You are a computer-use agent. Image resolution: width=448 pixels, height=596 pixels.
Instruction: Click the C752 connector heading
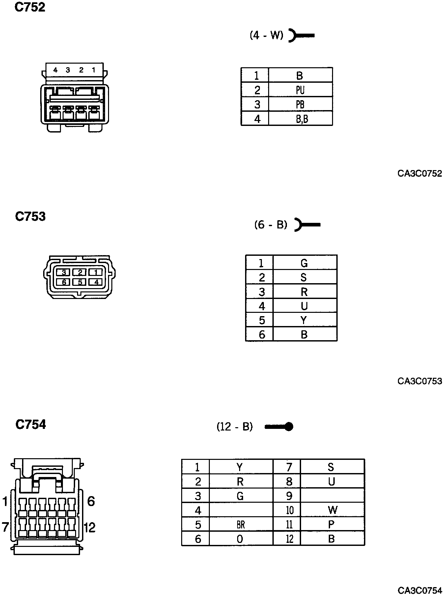pos(30,7)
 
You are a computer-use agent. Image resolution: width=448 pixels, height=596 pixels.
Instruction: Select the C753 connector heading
pos(30,217)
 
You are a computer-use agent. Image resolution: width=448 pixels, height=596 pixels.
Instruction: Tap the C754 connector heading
pos(31,424)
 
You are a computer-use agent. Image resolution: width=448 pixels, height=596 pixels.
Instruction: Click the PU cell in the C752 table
pos(300,90)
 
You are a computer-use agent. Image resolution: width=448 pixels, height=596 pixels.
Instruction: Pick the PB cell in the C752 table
pos(300,104)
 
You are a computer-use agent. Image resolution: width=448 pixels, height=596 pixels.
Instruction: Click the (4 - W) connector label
pos(266,35)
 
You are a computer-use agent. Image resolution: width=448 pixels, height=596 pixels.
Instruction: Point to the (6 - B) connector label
pos(271,225)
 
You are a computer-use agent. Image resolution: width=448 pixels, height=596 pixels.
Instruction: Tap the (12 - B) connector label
pos(235,427)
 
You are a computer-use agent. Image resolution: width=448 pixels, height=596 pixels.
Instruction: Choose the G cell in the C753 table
pos(304,263)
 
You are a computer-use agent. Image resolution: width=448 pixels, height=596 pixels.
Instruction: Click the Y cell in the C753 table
pos(304,320)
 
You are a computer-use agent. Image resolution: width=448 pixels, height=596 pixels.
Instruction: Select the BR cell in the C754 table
pos(241,524)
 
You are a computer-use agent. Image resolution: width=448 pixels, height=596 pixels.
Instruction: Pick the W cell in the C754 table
pos(332,510)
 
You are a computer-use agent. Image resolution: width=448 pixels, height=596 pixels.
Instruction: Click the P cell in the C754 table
pos(331,524)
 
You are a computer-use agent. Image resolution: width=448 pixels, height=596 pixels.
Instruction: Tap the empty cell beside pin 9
pos(332,496)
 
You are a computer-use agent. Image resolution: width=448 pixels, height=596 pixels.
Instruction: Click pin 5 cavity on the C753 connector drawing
pos(80,282)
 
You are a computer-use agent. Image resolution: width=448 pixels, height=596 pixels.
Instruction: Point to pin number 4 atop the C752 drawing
pos(55,70)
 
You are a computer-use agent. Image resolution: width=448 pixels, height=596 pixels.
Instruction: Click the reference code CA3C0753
pos(420,381)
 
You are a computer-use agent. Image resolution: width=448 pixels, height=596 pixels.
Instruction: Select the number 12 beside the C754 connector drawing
pos(90,528)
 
